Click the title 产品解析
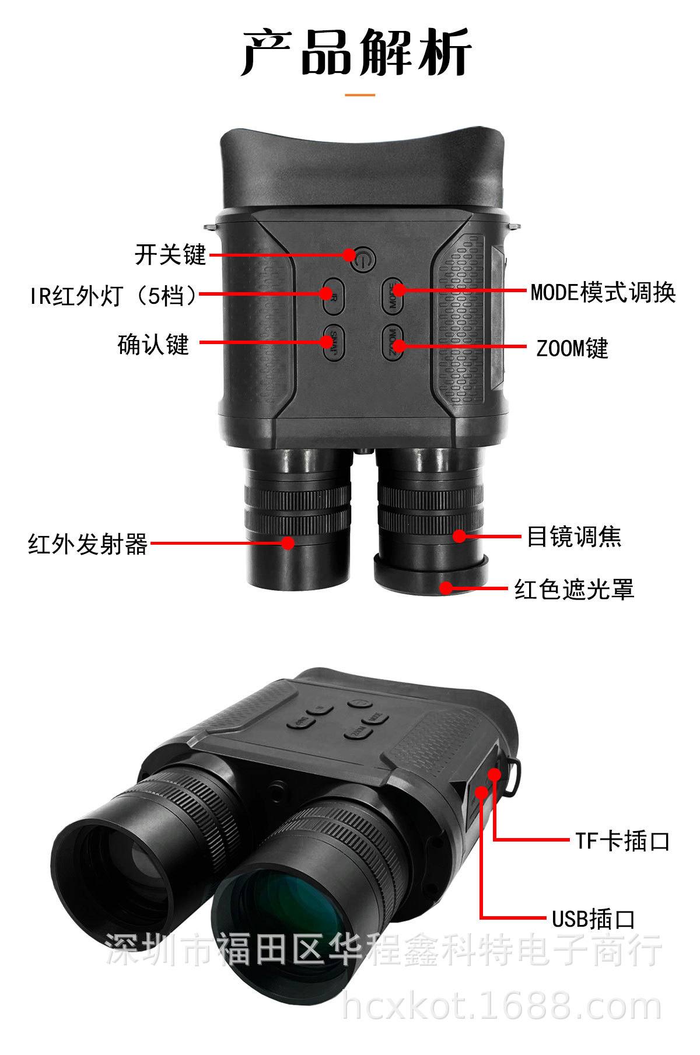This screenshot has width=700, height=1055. pyautogui.click(x=356, y=53)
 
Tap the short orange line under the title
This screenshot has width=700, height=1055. pyautogui.click(x=360, y=94)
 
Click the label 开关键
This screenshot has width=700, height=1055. pyautogui.click(x=170, y=255)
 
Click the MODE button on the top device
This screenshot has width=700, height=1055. pyautogui.click(x=394, y=294)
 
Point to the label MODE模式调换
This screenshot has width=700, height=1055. pyautogui.click(x=603, y=292)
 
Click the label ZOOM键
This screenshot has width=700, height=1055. pyautogui.click(x=572, y=349)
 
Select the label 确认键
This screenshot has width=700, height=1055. pyautogui.click(x=153, y=344)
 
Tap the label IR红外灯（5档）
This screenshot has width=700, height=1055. pyautogui.click(x=114, y=296)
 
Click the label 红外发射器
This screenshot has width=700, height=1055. pyautogui.click(x=87, y=544)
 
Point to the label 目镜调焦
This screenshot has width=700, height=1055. pyautogui.click(x=574, y=537)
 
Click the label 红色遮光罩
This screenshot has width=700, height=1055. pyautogui.click(x=574, y=590)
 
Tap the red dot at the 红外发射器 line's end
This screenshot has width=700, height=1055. pyautogui.click(x=288, y=543)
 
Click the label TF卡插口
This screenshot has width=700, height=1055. pyautogui.click(x=622, y=841)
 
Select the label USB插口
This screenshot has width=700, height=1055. pyautogui.click(x=593, y=919)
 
